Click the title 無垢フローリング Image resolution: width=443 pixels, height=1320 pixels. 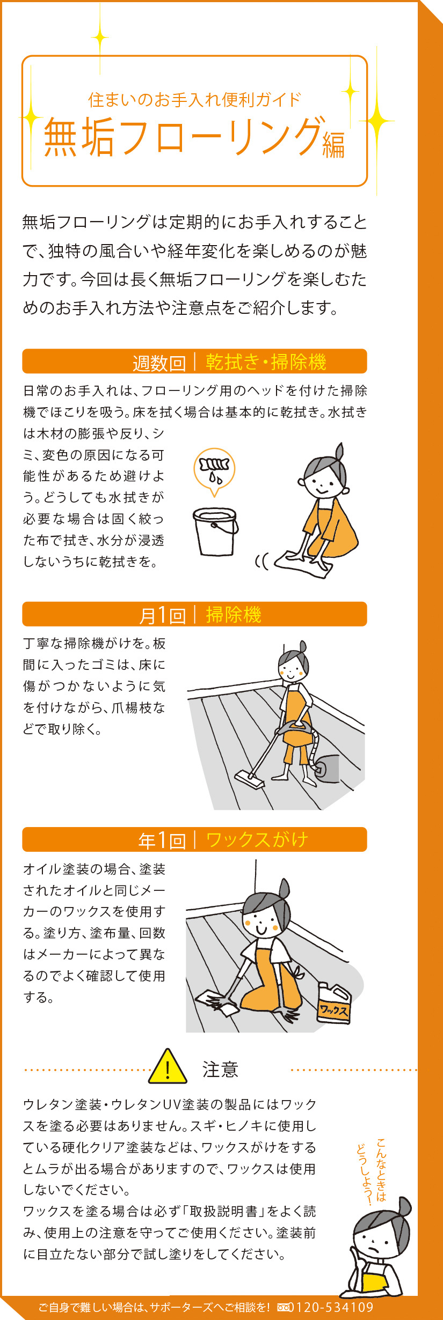click(x=183, y=137)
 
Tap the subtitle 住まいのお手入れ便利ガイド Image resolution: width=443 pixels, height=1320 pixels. click(x=194, y=100)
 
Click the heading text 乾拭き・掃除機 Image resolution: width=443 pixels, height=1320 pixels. click(x=266, y=362)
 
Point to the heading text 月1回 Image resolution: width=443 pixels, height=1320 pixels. click(x=162, y=615)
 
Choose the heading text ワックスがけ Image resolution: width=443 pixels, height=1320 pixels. click(x=257, y=839)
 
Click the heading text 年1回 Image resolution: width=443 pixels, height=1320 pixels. click(x=162, y=840)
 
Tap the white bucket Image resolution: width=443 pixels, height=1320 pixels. click(x=215, y=531)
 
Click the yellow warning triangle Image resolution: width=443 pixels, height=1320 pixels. click(x=168, y=1067)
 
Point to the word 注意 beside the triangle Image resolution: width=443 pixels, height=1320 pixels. click(x=220, y=1070)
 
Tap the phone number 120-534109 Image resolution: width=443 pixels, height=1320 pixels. click(x=334, y=1307)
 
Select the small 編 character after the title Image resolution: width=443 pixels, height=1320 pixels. click(x=333, y=146)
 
